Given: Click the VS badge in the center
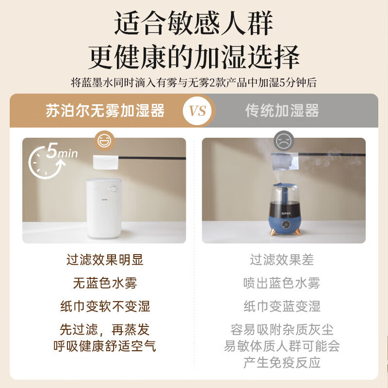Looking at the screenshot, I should (x=198, y=111).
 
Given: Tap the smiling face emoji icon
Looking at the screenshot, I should (x=104, y=141).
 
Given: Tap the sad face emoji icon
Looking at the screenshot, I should (x=283, y=141).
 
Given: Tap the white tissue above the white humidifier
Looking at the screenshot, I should (x=105, y=162).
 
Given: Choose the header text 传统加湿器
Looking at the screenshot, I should (x=282, y=111).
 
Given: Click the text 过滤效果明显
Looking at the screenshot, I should (x=105, y=260).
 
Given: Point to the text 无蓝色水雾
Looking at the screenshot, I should (x=105, y=283).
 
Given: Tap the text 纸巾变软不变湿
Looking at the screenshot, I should (x=105, y=307).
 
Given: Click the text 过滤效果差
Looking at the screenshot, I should (x=282, y=260).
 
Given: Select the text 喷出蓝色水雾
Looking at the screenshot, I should (x=282, y=283).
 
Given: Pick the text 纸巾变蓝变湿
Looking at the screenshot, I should (x=282, y=307).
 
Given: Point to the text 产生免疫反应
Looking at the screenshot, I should (x=282, y=362).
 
